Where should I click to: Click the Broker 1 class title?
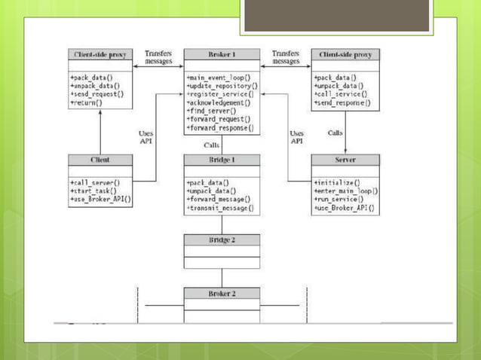click(222, 55)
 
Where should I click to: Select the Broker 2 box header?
click(222, 293)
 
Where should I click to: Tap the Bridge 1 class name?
click(222, 160)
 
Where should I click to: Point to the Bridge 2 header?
click(222, 239)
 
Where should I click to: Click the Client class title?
click(101, 160)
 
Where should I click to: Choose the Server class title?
click(345, 160)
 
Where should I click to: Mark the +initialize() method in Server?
click(336, 183)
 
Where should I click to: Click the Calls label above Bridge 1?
click(212, 145)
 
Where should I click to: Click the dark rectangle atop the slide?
click(336, 16)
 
